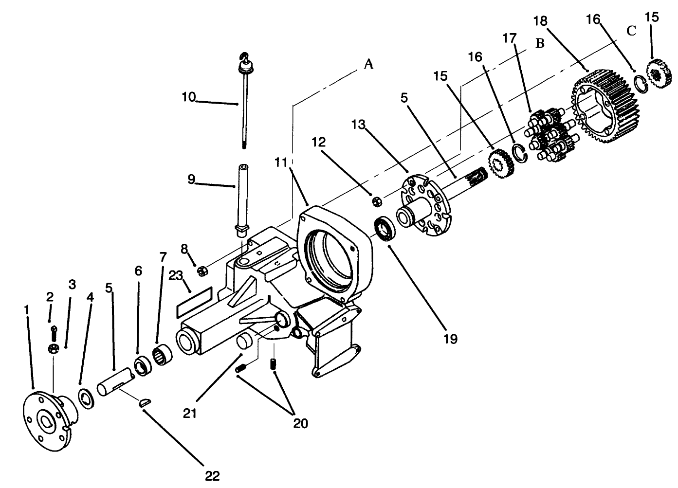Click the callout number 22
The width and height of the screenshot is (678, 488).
click(x=212, y=475)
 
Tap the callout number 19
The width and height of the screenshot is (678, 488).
click(x=451, y=339)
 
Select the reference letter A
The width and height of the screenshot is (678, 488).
click(x=368, y=64)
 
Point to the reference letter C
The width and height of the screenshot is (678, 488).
click(x=631, y=31)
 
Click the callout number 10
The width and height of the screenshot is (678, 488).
click(x=188, y=97)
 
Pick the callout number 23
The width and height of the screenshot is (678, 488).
click(x=175, y=276)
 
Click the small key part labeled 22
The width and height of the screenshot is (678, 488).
click(x=145, y=402)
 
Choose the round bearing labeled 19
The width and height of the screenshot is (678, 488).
click(x=385, y=230)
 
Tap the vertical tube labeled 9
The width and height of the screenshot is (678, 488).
click(x=242, y=199)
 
